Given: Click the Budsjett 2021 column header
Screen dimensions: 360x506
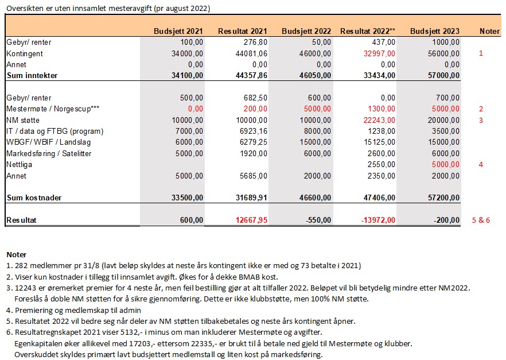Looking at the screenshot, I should (x=178, y=31).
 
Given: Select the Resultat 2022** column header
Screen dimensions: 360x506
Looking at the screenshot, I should (x=367, y=31).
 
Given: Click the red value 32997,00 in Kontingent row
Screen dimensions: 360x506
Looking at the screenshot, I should (x=377, y=53).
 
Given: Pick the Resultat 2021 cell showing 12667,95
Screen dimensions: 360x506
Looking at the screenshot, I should (x=250, y=220).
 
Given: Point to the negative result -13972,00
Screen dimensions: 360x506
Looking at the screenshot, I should (x=376, y=220).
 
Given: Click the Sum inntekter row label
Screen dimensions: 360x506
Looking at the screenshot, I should (x=32, y=75).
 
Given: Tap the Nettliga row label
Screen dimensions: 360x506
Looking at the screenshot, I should (x=20, y=164).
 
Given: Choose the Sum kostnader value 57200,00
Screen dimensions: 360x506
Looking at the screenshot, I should (x=442, y=198).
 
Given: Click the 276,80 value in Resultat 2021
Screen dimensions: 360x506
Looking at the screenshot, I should (x=255, y=42).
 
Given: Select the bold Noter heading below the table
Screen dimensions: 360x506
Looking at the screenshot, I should (x=17, y=254).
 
